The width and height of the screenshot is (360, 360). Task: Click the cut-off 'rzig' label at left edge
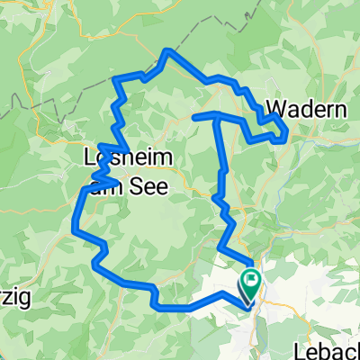pyautogui.click(x=16, y=301)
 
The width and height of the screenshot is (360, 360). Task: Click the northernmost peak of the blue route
pyautogui.click(x=167, y=51)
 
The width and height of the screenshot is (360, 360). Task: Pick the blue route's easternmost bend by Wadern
pyautogui.click(x=286, y=134)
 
